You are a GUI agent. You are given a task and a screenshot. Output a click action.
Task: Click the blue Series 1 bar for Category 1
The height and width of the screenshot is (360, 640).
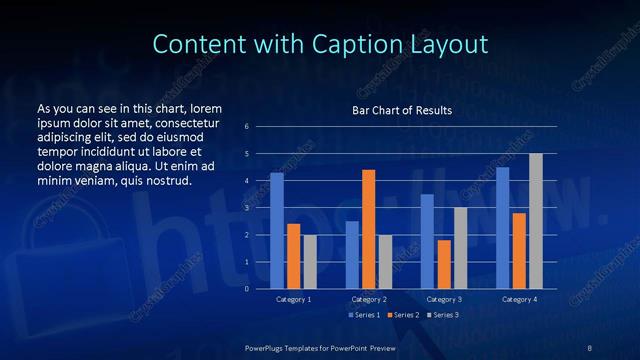277,230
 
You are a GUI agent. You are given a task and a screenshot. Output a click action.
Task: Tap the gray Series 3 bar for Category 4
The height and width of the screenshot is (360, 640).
535,221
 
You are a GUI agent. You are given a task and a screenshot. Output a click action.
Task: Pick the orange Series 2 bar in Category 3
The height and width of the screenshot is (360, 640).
444,264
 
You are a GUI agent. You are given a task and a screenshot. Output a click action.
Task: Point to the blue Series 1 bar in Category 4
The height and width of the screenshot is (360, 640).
503,227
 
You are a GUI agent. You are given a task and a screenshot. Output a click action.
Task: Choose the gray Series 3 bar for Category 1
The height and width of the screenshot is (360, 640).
309,261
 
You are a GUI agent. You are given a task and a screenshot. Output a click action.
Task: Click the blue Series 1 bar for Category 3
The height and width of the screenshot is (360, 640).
427,241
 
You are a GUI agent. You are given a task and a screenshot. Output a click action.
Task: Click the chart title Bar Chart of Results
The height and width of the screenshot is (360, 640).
402,110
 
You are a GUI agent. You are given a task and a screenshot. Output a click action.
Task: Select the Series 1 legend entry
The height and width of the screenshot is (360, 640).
363,315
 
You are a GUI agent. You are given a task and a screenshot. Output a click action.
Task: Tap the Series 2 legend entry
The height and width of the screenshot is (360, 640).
402,315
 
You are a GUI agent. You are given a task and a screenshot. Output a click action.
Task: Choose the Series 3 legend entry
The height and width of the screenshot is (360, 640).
441,315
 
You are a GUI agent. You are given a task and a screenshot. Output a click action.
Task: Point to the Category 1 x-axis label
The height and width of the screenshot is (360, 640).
293,299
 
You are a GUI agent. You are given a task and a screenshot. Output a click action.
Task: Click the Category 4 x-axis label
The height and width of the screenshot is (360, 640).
519,299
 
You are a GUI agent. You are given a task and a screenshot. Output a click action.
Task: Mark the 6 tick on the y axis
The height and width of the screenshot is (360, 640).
247,127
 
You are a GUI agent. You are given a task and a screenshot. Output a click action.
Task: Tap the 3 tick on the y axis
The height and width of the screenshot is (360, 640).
247,208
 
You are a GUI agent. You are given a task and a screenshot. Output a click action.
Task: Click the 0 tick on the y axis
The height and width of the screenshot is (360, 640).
247,288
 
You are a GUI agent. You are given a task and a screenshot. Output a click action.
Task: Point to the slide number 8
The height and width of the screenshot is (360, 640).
590,347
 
